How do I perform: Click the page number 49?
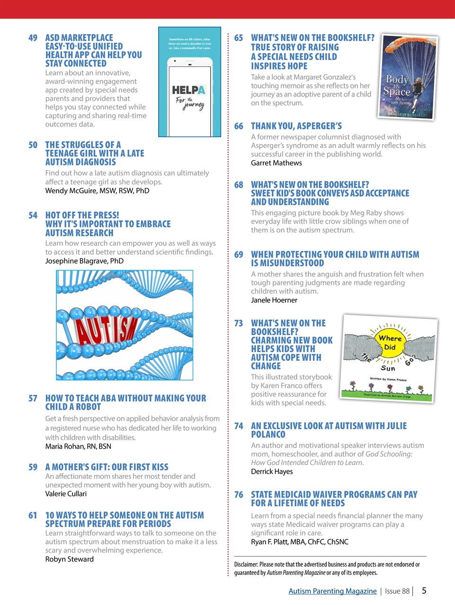click(33, 38)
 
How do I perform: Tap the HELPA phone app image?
click(189, 82)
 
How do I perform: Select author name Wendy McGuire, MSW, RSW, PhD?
click(97, 191)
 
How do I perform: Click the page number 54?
click(33, 216)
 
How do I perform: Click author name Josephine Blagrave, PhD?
click(84, 261)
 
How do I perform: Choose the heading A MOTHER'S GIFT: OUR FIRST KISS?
click(107, 467)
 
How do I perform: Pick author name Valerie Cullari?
click(66, 494)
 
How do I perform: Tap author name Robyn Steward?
click(69, 559)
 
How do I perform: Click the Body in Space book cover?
click(408, 77)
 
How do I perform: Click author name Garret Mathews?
click(276, 163)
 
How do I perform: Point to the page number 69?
click(239, 255)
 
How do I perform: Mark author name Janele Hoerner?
click(274, 300)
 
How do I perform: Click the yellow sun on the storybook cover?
click(390, 343)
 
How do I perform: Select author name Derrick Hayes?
click(272, 472)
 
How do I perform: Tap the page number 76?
click(239, 495)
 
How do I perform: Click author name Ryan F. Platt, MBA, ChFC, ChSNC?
click(299, 542)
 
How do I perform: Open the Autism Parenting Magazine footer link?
click(332, 591)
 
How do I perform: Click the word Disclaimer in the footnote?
click(246, 564)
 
